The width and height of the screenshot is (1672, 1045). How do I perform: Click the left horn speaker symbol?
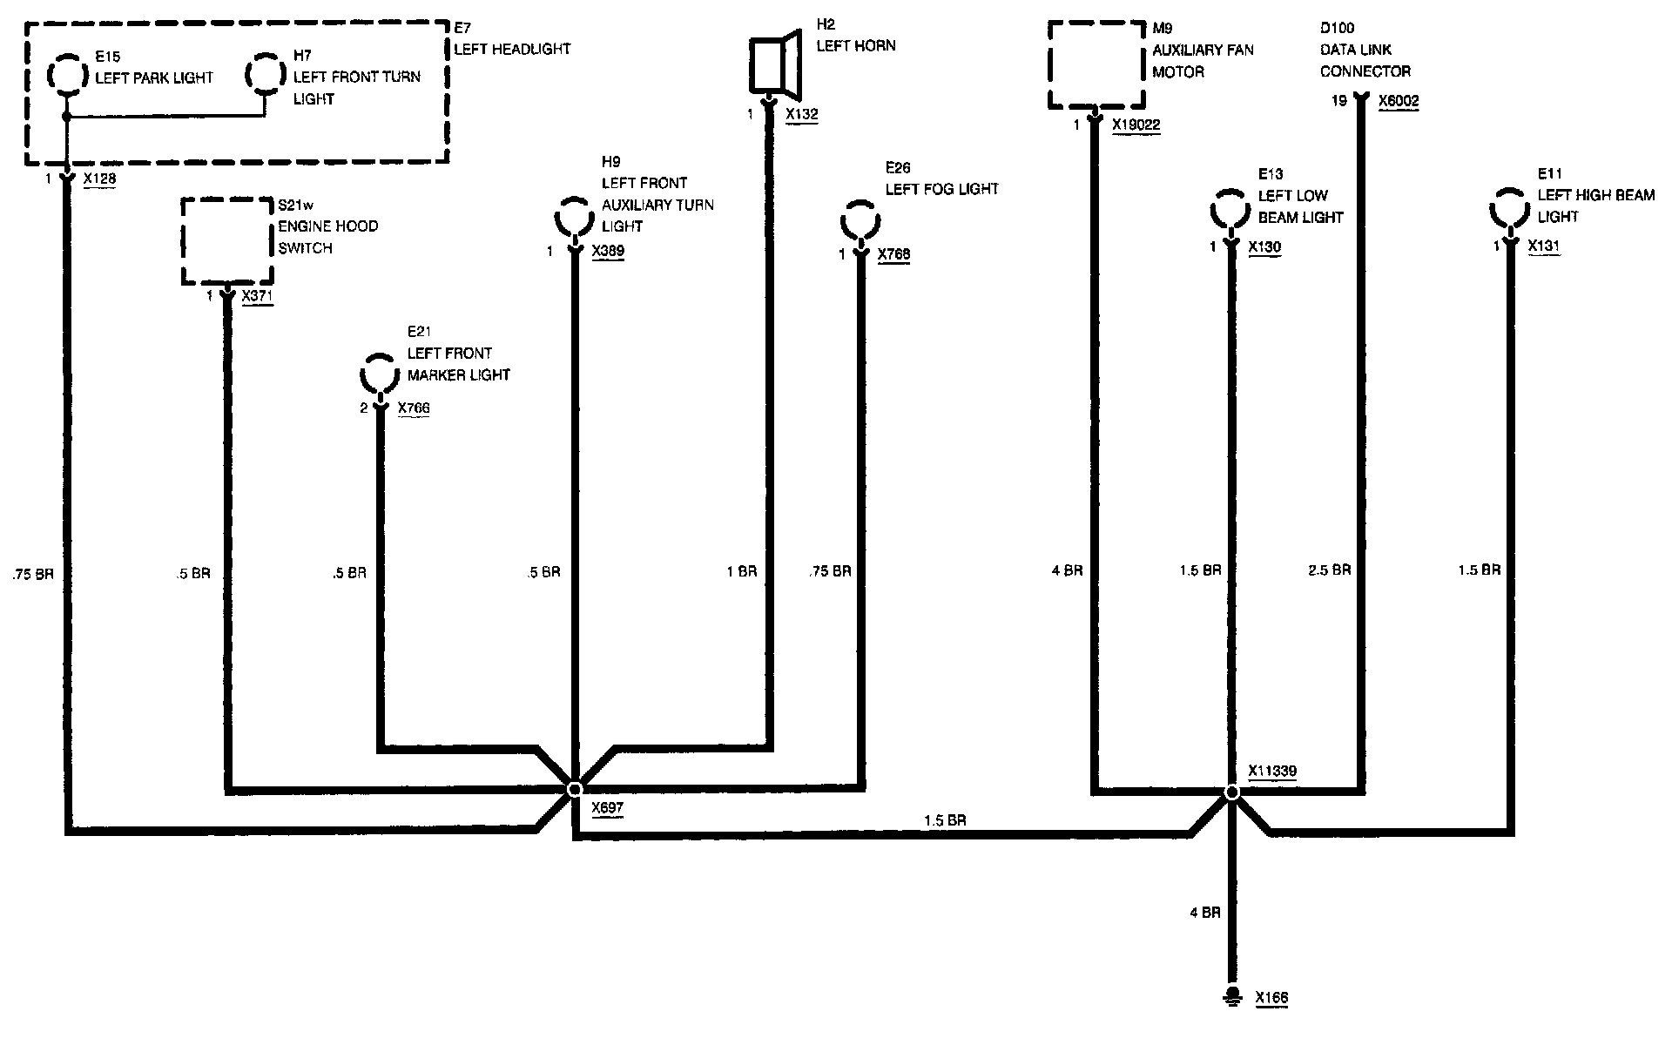click(775, 64)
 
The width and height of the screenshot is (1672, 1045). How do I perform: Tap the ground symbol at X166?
click(1231, 996)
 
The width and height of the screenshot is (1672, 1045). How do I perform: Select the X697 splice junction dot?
click(574, 789)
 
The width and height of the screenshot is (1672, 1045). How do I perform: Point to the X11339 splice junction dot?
click(1231, 792)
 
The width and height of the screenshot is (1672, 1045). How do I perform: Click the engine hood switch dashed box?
click(227, 241)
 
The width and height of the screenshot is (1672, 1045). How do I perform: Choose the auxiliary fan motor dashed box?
click(1094, 65)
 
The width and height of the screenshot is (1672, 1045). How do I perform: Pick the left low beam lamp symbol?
click(1230, 210)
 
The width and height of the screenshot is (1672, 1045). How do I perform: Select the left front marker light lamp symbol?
click(380, 375)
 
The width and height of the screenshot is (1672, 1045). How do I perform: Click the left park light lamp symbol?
click(66, 76)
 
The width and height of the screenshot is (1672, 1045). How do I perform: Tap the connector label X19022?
click(1136, 125)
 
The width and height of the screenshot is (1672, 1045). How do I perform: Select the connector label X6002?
click(1399, 101)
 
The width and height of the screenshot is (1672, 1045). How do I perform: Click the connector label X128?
click(99, 179)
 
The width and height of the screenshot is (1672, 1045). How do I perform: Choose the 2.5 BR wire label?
click(1329, 570)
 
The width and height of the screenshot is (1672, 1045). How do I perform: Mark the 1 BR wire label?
click(741, 572)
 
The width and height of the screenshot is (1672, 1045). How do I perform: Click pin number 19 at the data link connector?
click(1339, 101)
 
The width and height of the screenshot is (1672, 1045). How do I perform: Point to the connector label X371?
click(257, 296)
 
